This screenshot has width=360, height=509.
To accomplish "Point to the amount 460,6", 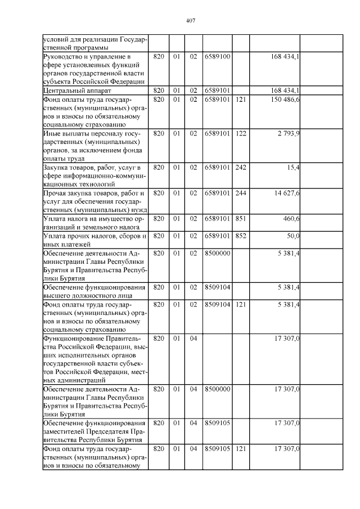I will pos(290,218).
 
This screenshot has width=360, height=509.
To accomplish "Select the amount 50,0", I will pos(292,235).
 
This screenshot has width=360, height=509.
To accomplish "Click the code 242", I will pos(241,168).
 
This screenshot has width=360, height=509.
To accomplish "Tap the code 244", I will pos(241,193).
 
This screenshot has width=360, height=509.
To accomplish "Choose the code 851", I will pos(241,218).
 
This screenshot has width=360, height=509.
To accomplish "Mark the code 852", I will pos(241,235).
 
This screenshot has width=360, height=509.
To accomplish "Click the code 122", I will pos(241,133).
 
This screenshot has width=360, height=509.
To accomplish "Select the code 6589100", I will pos(217,56).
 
